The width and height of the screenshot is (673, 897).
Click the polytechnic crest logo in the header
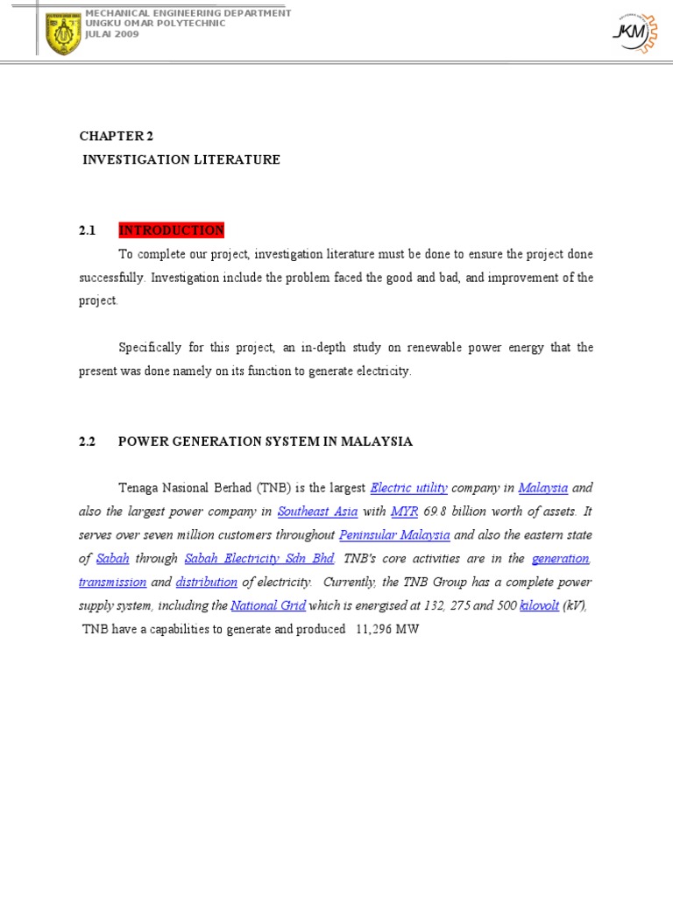coord(62,33)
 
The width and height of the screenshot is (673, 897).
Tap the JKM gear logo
coord(631,32)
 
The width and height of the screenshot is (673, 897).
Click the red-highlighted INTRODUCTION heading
coord(172,230)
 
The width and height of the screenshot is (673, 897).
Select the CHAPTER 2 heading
coord(110,136)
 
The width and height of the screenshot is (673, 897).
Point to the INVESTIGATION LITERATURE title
coord(181,159)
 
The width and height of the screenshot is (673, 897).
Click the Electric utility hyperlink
coord(409,488)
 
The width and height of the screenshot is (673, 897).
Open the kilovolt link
coord(539,606)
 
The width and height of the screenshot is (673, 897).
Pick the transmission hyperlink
coord(112,583)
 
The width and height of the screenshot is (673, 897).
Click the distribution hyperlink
coord(207,583)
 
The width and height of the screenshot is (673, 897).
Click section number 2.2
coord(87,441)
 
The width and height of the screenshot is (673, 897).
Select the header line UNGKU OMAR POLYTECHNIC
coord(155,24)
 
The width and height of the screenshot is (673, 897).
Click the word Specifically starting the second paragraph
coord(153,348)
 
